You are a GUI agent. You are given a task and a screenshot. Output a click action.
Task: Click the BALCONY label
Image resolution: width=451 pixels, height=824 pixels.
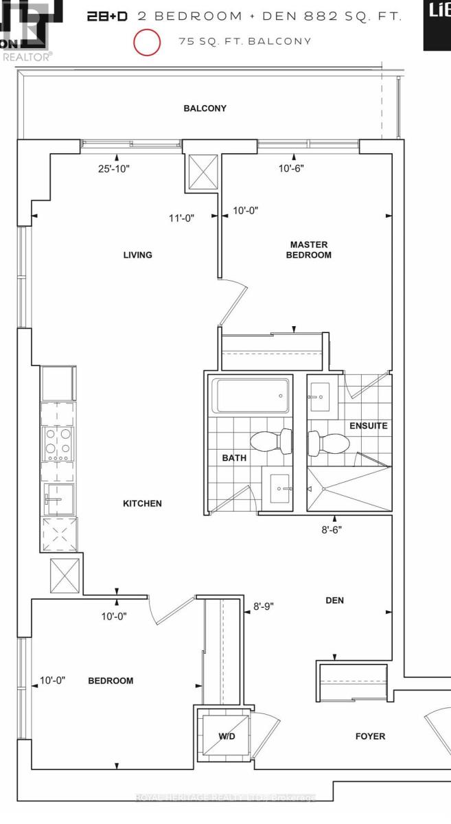tap(205, 108)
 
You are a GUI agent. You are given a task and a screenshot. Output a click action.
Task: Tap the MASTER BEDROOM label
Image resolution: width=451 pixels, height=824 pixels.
tap(308, 250)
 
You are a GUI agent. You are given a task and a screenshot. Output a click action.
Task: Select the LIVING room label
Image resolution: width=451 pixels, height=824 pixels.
tap(137, 255)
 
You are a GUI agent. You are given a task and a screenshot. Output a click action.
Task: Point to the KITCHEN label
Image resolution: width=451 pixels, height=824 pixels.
tap(142, 503)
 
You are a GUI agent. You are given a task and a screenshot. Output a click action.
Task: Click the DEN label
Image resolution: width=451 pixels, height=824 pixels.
tap(334, 600)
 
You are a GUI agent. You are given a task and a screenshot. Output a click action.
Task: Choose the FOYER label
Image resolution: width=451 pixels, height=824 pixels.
tap(370, 736)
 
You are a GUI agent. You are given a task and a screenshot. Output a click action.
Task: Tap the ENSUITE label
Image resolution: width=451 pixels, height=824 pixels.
tap(369, 426)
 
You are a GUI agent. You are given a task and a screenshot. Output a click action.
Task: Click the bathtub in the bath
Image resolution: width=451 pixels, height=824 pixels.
tap(249, 396)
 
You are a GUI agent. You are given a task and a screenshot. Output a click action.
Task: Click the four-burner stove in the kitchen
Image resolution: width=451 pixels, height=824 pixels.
tap(59, 443)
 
